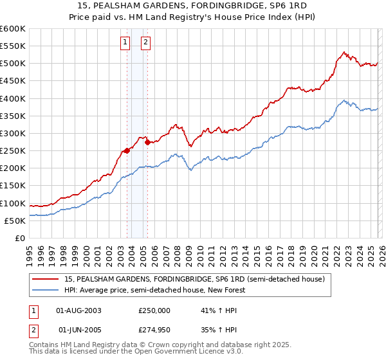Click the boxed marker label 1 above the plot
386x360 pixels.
tap(124, 43)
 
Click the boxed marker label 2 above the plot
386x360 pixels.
tap(145, 43)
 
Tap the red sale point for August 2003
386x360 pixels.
tap(127, 150)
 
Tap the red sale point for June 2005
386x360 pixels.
tap(147, 142)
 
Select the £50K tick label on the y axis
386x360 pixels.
tap(15, 221)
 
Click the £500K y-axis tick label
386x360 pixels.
tap(13, 64)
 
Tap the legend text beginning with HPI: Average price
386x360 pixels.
tap(155, 290)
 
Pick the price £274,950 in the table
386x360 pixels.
tap(154, 330)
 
